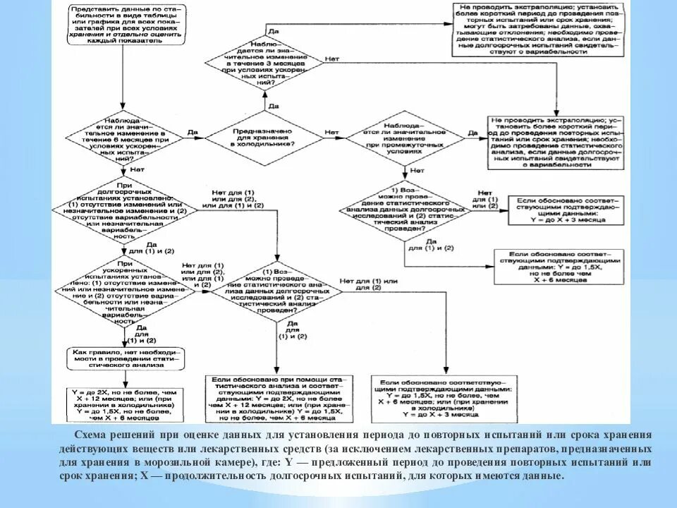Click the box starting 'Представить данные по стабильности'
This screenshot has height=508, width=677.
123,24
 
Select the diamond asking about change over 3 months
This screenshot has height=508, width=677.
266,61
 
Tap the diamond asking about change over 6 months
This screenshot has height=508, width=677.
125,138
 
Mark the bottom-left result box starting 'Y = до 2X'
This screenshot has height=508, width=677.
125,404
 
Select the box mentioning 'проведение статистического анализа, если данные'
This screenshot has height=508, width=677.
556,141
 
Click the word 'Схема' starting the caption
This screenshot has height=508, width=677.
89,435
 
